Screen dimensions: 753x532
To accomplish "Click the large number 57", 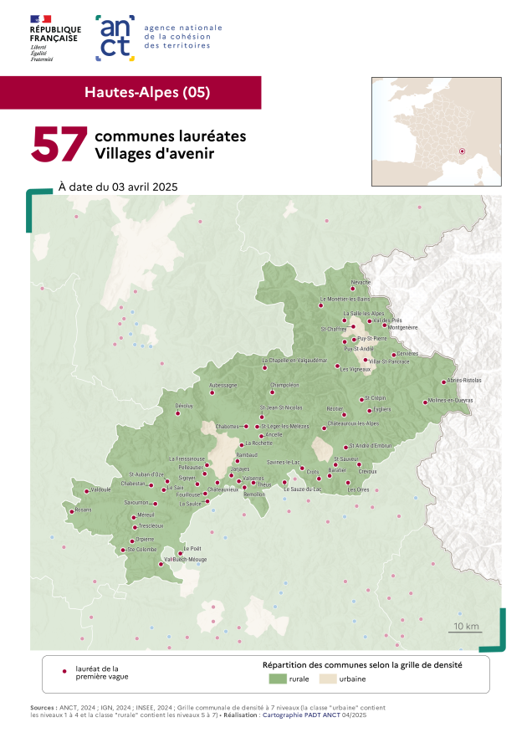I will pyautogui.click(x=59, y=145).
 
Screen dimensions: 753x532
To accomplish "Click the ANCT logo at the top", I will pyautogui.click(x=115, y=38).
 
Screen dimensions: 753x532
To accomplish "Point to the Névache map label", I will pyautogui.click(x=361, y=283).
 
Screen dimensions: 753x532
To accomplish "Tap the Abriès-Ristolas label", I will pyautogui.click(x=464, y=381).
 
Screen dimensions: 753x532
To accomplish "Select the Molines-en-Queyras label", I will pyautogui.click(x=450, y=400).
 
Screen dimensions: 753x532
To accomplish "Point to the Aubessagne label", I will pyautogui.click(x=223, y=385).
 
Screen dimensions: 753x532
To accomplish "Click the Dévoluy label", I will pyautogui.click(x=184, y=406).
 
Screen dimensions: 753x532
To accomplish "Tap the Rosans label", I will pyautogui.click(x=83, y=510).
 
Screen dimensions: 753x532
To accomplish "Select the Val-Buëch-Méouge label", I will pyautogui.click(x=185, y=559).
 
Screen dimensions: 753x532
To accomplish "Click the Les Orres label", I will pyautogui.click(x=358, y=489).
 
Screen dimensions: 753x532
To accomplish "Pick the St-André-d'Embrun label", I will pyautogui.click(x=370, y=446).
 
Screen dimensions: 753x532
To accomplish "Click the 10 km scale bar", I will pyautogui.click(x=466, y=631).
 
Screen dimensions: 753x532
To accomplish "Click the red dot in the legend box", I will pyautogui.click(x=64, y=671).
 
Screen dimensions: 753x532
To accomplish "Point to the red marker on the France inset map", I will pyautogui.click(x=462, y=151).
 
